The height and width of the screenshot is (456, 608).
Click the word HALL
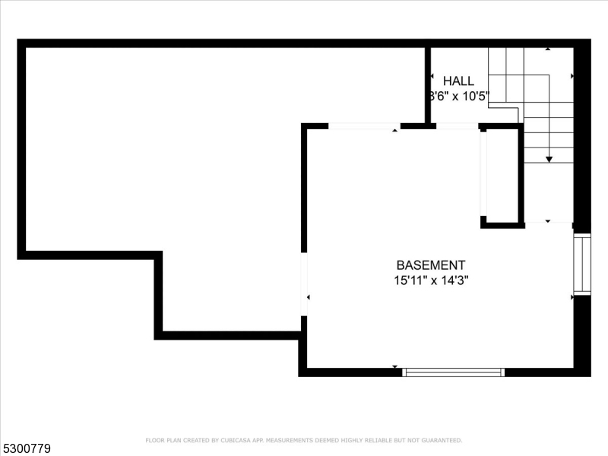pyautogui.click(x=458, y=81)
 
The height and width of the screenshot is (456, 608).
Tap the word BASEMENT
pyautogui.click(x=430, y=265)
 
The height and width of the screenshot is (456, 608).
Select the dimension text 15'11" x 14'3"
pyautogui.click(x=430, y=280)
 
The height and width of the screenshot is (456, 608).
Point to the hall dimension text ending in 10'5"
pyautogui.click(x=458, y=97)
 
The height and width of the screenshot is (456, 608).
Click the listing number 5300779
pyautogui.click(x=27, y=449)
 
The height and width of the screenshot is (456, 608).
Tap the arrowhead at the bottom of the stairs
pyautogui.click(x=549, y=158)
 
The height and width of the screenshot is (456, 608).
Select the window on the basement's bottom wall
pyautogui.click(x=453, y=372)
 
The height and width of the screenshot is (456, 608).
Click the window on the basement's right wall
pyautogui.click(x=581, y=264)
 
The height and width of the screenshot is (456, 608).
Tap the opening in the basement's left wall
pyautogui.click(x=304, y=283)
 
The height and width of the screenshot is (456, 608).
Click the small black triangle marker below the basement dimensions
pyautogui.click(x=395, y=367)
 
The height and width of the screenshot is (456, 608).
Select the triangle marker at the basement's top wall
pyautogui.click(x=394, y=131)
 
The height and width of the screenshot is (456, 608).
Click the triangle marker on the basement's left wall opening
pyautogui.click(x=308, y=296)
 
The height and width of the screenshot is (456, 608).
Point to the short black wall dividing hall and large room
pyautogui.click(x=428, y=84)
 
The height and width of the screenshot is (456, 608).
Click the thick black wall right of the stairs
pyautogui.click(x=582, y=137)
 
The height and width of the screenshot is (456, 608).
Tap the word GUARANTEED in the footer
pyautogui.click(x=442, y=440)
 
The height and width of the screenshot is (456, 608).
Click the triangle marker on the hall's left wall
pyautogui.click(x=432, y=78)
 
